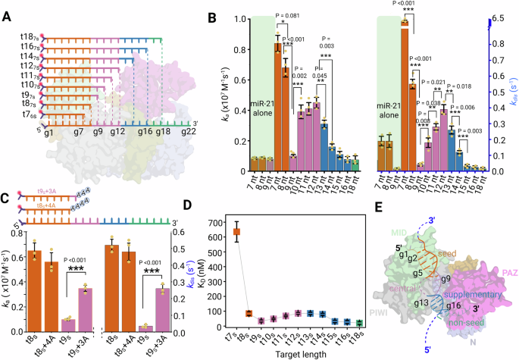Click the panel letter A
7,9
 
